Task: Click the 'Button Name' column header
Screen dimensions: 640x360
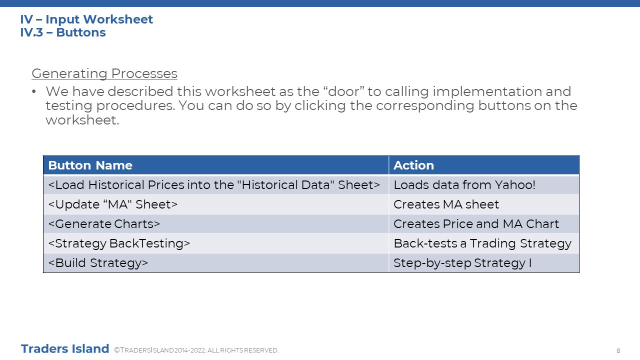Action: click(90, 165)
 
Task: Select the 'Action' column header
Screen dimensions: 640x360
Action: click(413, 165)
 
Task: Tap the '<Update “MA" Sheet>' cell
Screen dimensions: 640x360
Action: click(113, 204)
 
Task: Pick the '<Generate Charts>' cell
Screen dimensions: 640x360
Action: click(104, 224)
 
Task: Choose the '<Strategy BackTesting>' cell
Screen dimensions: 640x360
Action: click(119, 243)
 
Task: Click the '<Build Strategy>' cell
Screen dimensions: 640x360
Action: click(98, 263)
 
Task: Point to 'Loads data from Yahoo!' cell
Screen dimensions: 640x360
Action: click(464, 185)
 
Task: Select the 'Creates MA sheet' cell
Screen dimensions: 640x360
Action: click(446, 204)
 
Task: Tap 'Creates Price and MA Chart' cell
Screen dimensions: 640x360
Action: click(476, 224)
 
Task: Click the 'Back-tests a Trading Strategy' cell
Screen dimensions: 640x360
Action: click(482, 243)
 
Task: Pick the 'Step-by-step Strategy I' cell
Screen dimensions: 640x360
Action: click(462, 263)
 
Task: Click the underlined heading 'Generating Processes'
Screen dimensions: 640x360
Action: click(104, 73)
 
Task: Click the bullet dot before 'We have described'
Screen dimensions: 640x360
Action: click(34, 91)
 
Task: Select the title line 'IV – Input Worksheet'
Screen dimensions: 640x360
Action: click(86, 19)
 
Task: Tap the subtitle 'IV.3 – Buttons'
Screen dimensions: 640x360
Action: click(63, 32)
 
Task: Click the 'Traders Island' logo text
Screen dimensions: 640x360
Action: click(65, 349)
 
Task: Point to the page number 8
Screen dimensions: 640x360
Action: click(618, 351)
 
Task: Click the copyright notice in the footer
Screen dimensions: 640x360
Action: click(196, 350)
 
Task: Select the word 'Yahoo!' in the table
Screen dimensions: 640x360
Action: click(515, 185)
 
